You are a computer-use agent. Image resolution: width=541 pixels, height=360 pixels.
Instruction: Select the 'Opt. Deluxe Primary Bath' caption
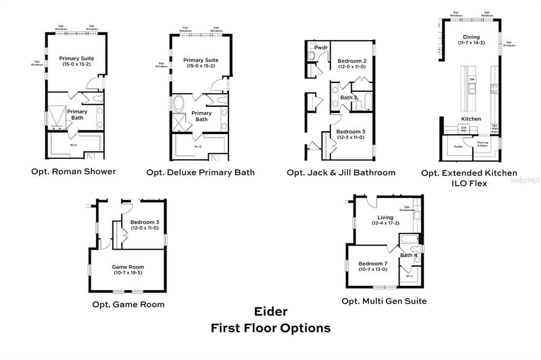click(200, 172)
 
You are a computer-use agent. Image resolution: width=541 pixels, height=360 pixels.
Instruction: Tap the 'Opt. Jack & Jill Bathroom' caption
click(341, 173)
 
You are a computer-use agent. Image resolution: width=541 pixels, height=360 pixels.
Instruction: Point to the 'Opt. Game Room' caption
click(128, 304)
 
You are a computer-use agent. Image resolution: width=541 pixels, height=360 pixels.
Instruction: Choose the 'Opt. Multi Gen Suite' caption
click(384, 301)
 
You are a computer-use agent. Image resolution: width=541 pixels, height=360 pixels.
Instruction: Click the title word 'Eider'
click(270, 311)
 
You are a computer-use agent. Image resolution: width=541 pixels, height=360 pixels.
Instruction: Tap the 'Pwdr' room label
click(321, 48)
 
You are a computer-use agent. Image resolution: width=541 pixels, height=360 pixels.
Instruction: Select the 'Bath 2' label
click(349, 98)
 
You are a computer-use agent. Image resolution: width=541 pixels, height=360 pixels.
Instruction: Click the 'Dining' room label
click(471, 37)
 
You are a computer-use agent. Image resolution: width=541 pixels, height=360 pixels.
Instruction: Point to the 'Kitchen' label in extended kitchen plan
click(471, 119)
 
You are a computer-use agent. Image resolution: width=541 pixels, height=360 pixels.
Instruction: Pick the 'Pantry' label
click(458, 146)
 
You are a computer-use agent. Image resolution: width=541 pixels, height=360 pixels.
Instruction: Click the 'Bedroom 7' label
click(373, 263)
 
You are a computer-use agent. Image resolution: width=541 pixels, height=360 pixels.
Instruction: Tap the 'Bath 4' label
click(408, 255)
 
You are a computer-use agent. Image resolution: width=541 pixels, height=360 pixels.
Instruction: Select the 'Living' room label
click(385, 217)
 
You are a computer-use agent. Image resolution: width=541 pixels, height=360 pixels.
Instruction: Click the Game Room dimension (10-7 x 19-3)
click(128, 273)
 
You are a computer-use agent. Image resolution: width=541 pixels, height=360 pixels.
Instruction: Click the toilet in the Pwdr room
click(312, 55)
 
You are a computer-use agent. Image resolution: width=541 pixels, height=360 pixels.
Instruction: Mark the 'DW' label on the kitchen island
click(472, 80)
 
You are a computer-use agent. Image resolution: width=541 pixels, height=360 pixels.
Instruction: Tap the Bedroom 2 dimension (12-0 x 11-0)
click(352, 67)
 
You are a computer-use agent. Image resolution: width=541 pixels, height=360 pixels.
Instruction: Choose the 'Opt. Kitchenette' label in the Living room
click(407, 209)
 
